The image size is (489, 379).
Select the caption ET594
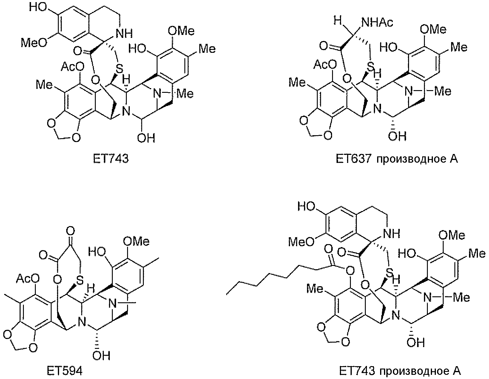(64, 371)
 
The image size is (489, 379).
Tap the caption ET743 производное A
(400, 371)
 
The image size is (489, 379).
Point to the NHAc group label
(377, 22)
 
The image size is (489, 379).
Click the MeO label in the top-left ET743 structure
(34, 42)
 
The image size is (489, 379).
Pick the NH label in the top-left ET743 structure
(124, 33)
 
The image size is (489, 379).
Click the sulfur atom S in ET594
(79, 280)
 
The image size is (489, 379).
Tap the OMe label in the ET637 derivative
(433, 30)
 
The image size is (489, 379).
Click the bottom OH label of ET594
(101, 356)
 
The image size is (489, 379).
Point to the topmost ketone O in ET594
(70, 231)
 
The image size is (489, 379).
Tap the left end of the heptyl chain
(226, 294)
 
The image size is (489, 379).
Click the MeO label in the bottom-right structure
(302, 242)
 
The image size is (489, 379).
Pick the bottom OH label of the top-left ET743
(146, 138)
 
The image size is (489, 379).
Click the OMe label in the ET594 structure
(136, 241)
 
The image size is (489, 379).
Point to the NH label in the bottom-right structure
(392, 234)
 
